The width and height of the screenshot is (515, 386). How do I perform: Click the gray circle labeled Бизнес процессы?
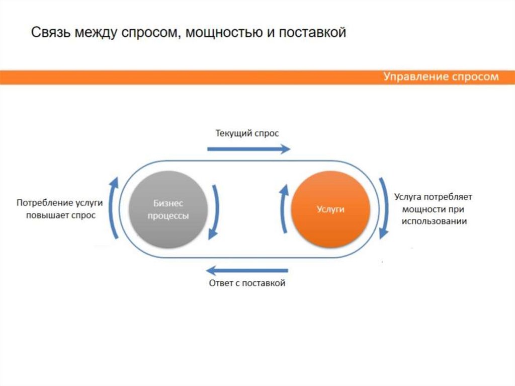[x=168, y=209]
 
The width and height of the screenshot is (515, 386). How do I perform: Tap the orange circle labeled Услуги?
[x=330, y=209]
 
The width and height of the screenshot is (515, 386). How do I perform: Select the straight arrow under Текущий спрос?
[x=248, y=148]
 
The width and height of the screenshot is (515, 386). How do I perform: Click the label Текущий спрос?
[x=247, y=133]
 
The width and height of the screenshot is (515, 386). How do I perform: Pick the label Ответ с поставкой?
[x=247, y=283]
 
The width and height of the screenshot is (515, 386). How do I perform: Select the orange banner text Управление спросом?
[x=441, y=76]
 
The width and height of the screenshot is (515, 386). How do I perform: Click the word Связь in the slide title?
[x=50, y=33]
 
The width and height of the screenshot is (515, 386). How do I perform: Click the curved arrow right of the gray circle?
[x=215, y=211]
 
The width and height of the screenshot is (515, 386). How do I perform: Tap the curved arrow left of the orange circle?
[x=284, y=208]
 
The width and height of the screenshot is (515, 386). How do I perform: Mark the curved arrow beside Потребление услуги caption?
[x=114, y=207]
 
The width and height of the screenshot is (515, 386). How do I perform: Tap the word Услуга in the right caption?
[x=407, y=197]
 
